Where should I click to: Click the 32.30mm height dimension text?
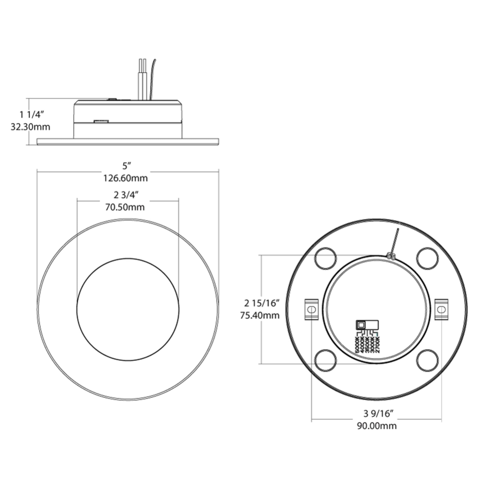point(30,127)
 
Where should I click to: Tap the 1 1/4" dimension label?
point(32,115)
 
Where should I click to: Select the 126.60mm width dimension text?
point(126,178)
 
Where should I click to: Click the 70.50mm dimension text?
point(125,207)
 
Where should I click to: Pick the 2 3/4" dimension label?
point(126,195)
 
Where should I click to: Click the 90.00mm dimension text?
point(377,426)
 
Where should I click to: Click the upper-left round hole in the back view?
point(325,258)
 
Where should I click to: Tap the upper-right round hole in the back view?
point(428,258)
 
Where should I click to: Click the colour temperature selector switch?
point(367,325)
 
